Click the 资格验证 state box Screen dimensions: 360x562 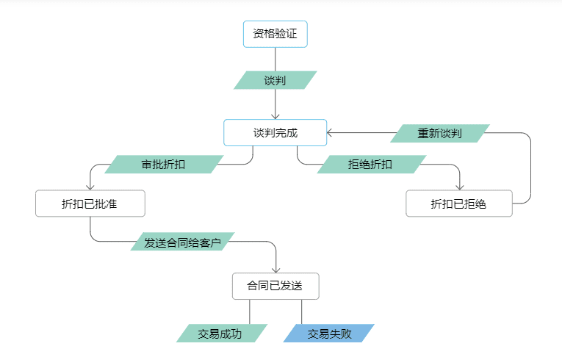point(275,34)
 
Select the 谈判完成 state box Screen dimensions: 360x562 point(275,132)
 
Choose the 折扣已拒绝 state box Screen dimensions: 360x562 point(459,204)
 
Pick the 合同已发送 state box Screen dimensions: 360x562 point(275,286)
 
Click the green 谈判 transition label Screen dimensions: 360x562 point(275,80)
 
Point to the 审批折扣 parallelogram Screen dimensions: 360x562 point(163,165)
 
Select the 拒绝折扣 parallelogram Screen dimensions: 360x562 point(370,165)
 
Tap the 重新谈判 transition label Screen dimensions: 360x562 point(439,133)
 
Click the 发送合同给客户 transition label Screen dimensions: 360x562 point(182,242)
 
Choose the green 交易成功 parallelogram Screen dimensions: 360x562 point(220,334)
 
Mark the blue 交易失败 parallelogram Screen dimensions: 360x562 point(328,334)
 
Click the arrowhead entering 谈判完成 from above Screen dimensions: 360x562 point(275,115)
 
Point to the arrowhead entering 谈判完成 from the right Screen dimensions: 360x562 point(331,133)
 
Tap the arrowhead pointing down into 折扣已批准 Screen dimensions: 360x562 point(90,187)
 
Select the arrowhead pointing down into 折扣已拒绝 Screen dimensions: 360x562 point(460,187)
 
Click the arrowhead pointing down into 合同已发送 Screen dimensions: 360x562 point(276,269)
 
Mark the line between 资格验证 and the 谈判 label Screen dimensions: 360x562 point(275,59)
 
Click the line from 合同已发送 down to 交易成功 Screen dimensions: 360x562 point(251,312)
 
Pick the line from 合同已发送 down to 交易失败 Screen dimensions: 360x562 point(301,312)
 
